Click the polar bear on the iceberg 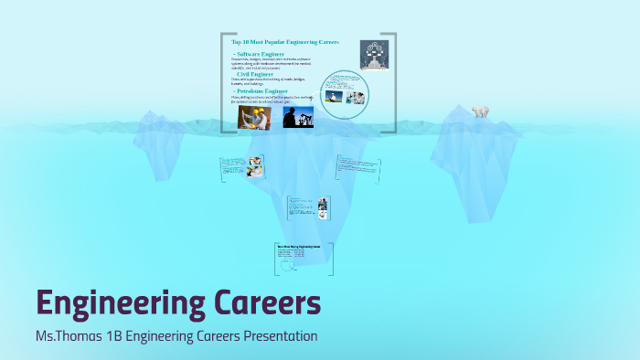click(x=480, y=111)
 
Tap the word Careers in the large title click(x=272, y=301)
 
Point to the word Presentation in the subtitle click(x=280, y=336)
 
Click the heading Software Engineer click(x=261, y=55)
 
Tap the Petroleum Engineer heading click(x=262, y=91)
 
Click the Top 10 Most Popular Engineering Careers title click(x=285, y=42)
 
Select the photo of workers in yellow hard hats click(x=253, y=118)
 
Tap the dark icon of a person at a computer click(x=373, y=54)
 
